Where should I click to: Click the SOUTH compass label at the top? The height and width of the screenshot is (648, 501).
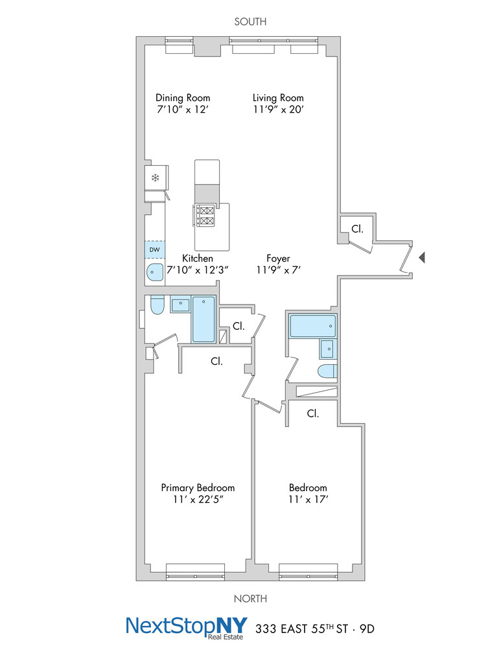coord(250,22)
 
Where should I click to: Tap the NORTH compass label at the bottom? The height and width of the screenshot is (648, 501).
coord(250,599)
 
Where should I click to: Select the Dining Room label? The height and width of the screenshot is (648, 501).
coord(183,98)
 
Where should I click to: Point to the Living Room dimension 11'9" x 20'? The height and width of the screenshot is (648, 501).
coord(278,110)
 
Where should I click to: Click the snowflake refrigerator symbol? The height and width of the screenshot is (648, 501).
coord(155,178)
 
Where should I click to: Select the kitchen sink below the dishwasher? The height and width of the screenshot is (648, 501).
coord(155,273)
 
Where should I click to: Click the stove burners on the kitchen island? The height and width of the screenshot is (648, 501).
coord(206,216)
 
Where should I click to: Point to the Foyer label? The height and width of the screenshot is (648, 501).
coord(278,258)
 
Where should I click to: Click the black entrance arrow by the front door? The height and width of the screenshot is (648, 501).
coord(421,258)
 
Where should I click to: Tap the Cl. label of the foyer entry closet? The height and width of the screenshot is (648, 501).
coord(357,229)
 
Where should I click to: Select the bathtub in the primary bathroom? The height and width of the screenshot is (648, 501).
coord(204,319)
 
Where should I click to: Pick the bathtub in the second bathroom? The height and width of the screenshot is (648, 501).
coord(312,326)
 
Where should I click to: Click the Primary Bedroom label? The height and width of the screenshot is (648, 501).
coord(198,488)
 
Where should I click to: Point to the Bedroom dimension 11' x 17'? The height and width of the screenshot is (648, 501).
coord(308,500)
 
